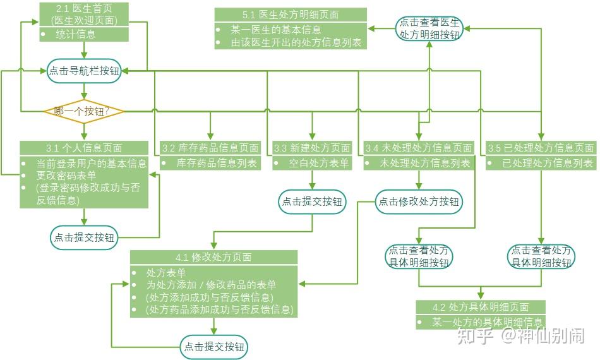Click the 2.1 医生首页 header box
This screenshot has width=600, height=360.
click(x=84, y=14)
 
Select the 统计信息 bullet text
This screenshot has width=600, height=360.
click(x=76, y=35)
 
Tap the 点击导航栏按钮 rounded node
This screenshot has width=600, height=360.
click(x=84, y=71)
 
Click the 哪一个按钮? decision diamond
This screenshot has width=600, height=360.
click(x=84, y=112)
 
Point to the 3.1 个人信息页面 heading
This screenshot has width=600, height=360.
click(x=84, y=148)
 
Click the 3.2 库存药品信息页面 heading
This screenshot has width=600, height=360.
click(x=210, y=148)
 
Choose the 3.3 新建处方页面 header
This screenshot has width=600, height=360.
click(x=313, y=148)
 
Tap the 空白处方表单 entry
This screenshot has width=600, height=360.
click(x=319, y=163)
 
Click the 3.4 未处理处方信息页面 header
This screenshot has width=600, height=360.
click(x=419, y=148)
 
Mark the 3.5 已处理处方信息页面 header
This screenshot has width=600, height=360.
click(x=541, y=148)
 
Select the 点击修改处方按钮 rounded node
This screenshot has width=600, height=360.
click(x=419, y=201)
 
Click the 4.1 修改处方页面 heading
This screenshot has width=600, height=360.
click(x=213, y=257)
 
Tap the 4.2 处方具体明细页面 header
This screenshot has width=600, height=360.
click(x=481, y=307)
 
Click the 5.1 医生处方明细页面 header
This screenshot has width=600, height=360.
click(x=291, y=15)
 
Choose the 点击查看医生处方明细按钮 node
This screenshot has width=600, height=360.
click(x=429, y=28)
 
